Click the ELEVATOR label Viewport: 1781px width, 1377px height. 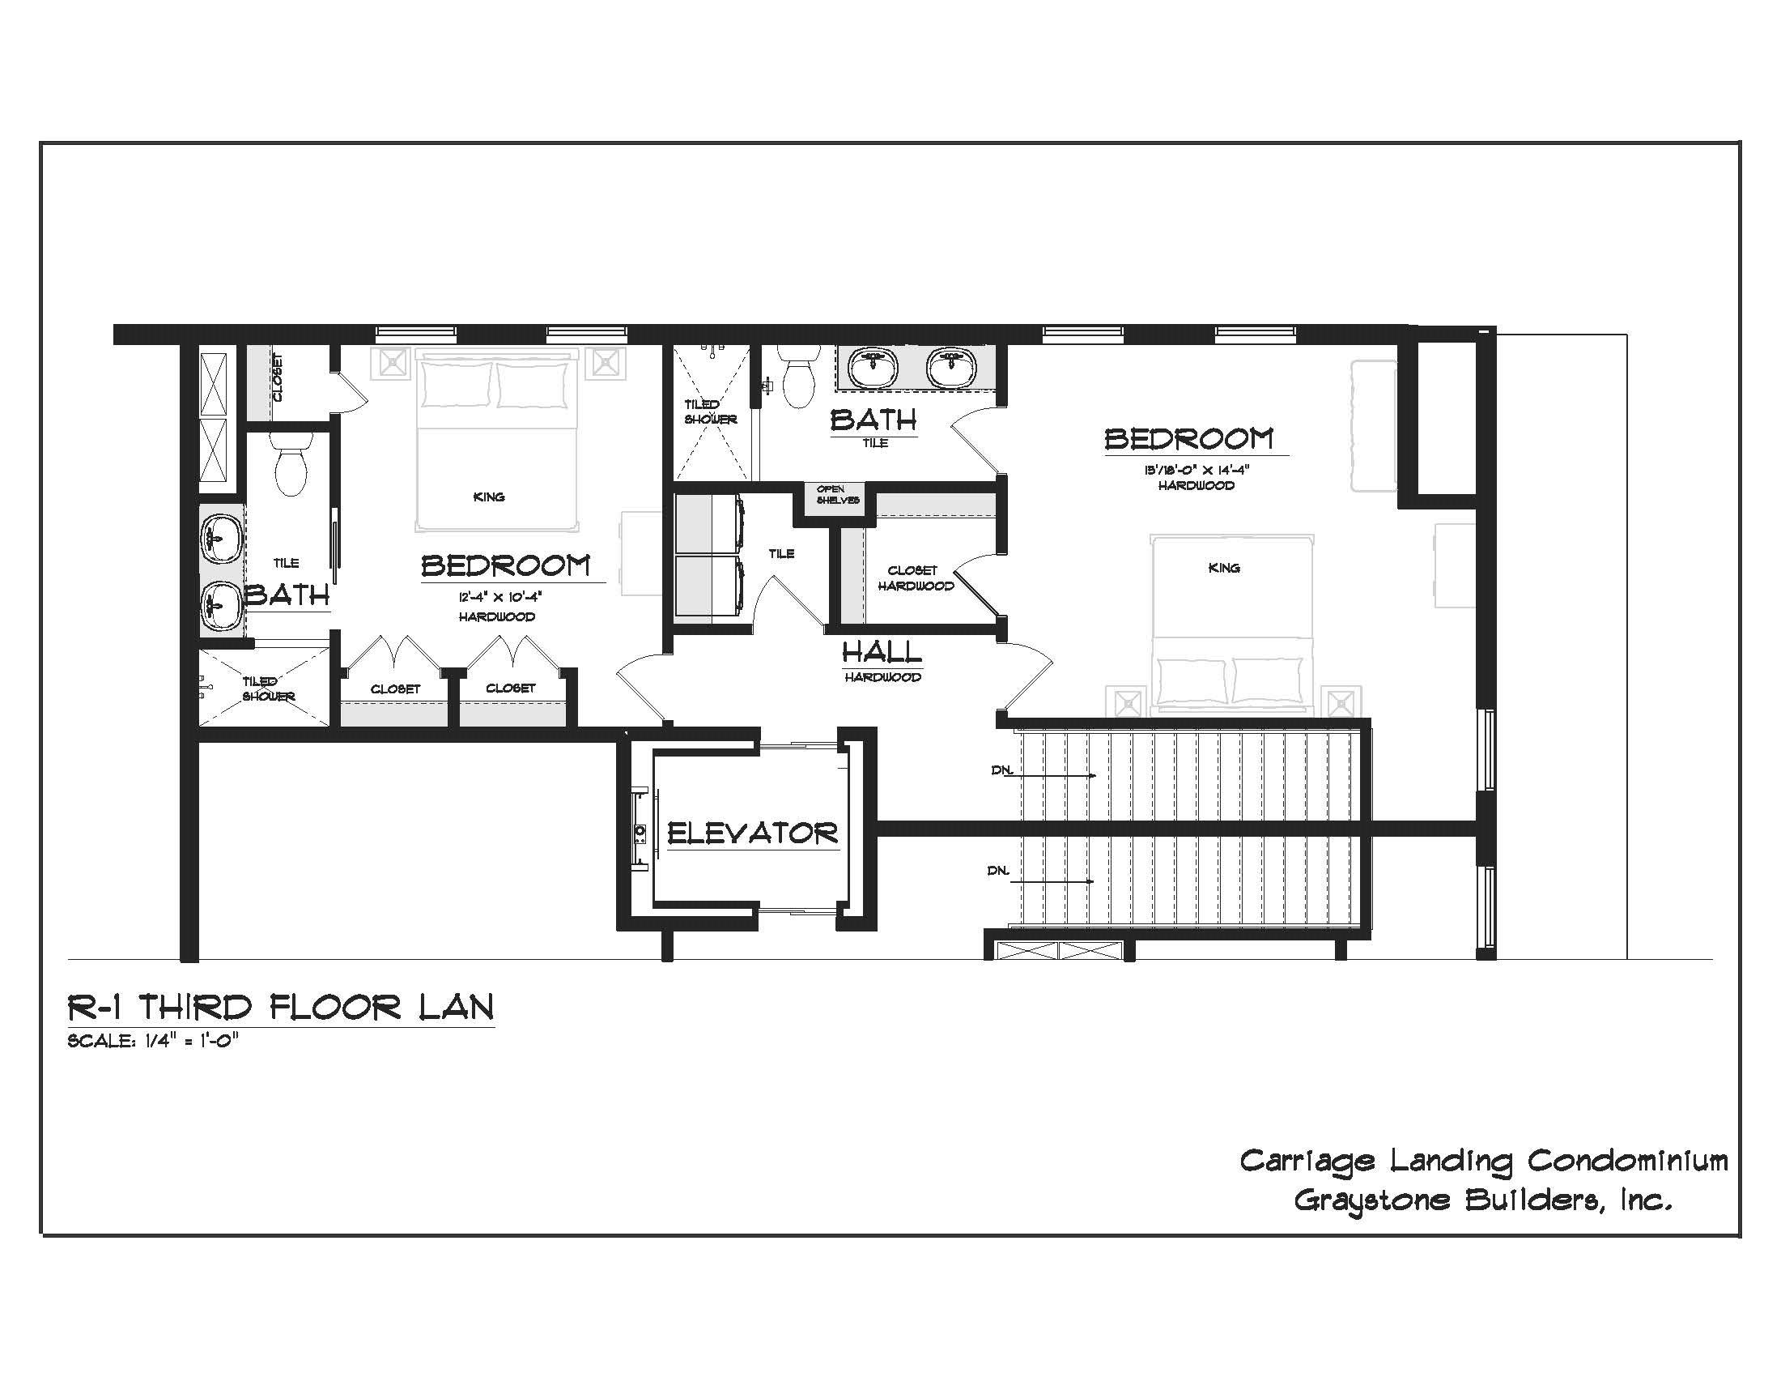752,833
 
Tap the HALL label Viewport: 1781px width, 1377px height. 882,653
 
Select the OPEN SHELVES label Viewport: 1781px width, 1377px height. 838,495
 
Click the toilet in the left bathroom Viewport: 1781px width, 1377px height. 291,465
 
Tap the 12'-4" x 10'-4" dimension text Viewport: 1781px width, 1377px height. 499,597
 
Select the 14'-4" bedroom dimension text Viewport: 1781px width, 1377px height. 1197,470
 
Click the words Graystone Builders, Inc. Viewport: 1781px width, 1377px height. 1482,1200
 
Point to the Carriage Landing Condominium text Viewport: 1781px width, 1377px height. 1482,1160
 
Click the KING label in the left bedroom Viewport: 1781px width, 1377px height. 488,497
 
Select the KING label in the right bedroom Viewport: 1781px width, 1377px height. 1223,568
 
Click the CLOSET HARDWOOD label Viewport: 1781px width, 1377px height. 915,578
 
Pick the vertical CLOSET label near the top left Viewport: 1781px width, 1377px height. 278,377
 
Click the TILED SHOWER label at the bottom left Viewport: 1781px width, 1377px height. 266,688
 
